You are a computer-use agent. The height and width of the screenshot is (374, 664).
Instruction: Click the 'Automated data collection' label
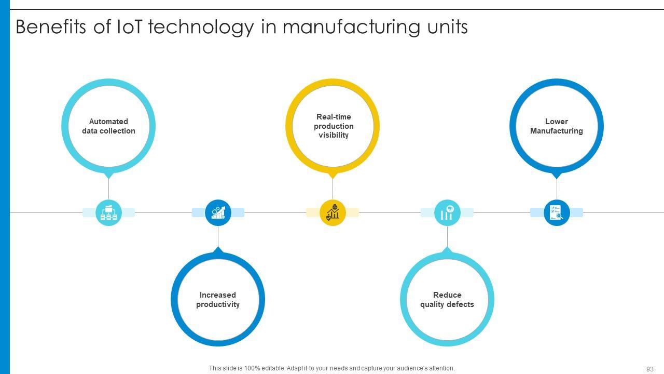[x=108, y=126]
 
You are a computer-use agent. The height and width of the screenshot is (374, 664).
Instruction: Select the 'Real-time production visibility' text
[x=333, y=126]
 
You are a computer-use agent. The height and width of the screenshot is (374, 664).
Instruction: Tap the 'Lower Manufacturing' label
[x=556, y=126]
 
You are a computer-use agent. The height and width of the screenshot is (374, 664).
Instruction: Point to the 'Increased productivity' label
[x=218, y=300]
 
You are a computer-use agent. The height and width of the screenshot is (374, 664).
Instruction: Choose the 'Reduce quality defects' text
[x=447, y=300]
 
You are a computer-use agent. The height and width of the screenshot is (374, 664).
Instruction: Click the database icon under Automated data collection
[x=108, y=213]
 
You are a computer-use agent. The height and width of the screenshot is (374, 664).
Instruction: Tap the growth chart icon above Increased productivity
[x=218, y=212]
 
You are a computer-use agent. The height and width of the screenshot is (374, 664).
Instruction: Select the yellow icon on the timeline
[x=333, y=212]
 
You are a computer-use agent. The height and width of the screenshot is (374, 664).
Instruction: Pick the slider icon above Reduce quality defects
[x=447, y=212]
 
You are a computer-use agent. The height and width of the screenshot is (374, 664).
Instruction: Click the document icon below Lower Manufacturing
[x=556, y=212]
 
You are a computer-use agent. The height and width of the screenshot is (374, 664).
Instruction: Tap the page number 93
[x=649, y=369]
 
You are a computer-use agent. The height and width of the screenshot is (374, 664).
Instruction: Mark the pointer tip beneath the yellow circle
[x=333, y=176]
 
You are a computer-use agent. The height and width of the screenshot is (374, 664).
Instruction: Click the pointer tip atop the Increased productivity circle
[x=218, y=249]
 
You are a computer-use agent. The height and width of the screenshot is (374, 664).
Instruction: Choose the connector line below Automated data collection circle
[x=108, y=188]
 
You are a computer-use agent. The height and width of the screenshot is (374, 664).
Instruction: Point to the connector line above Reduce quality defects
[x=447, y=236]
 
